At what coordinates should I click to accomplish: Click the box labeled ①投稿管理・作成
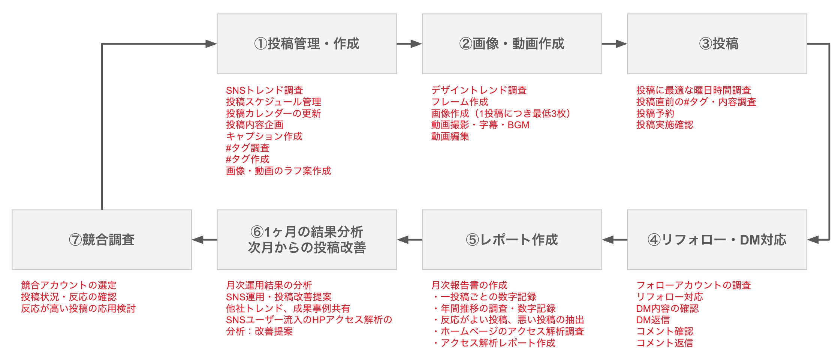pos(307,44)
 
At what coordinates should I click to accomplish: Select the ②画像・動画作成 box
pos(512,44)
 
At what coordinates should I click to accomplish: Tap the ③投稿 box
pos(717,44)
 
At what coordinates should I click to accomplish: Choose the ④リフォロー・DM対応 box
pos(717,240)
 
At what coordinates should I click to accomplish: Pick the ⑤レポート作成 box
pos(512,240)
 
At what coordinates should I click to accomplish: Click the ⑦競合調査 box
pos(102,240)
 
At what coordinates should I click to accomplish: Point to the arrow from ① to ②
pos(409,44)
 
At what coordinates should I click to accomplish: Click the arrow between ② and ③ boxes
pos(615,44)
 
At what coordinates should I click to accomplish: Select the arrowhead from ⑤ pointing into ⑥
pos(403,240)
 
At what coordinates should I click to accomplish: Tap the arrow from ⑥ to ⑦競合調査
pos(205,240)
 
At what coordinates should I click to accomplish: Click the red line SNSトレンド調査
pos(264,90)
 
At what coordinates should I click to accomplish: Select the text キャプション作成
pos(264,136)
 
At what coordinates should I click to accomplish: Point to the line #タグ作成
pos(247,159)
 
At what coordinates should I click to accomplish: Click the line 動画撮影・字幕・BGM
pos(480,125)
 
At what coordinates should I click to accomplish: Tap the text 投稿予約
pos(655,113)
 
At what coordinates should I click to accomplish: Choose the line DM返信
pos(653,320)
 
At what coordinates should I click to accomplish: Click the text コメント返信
pos(664,343)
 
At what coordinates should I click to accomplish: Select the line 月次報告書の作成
pos(469,285)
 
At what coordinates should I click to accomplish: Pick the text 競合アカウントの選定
pos(69,285)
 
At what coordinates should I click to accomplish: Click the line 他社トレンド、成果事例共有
pos(288,309)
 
